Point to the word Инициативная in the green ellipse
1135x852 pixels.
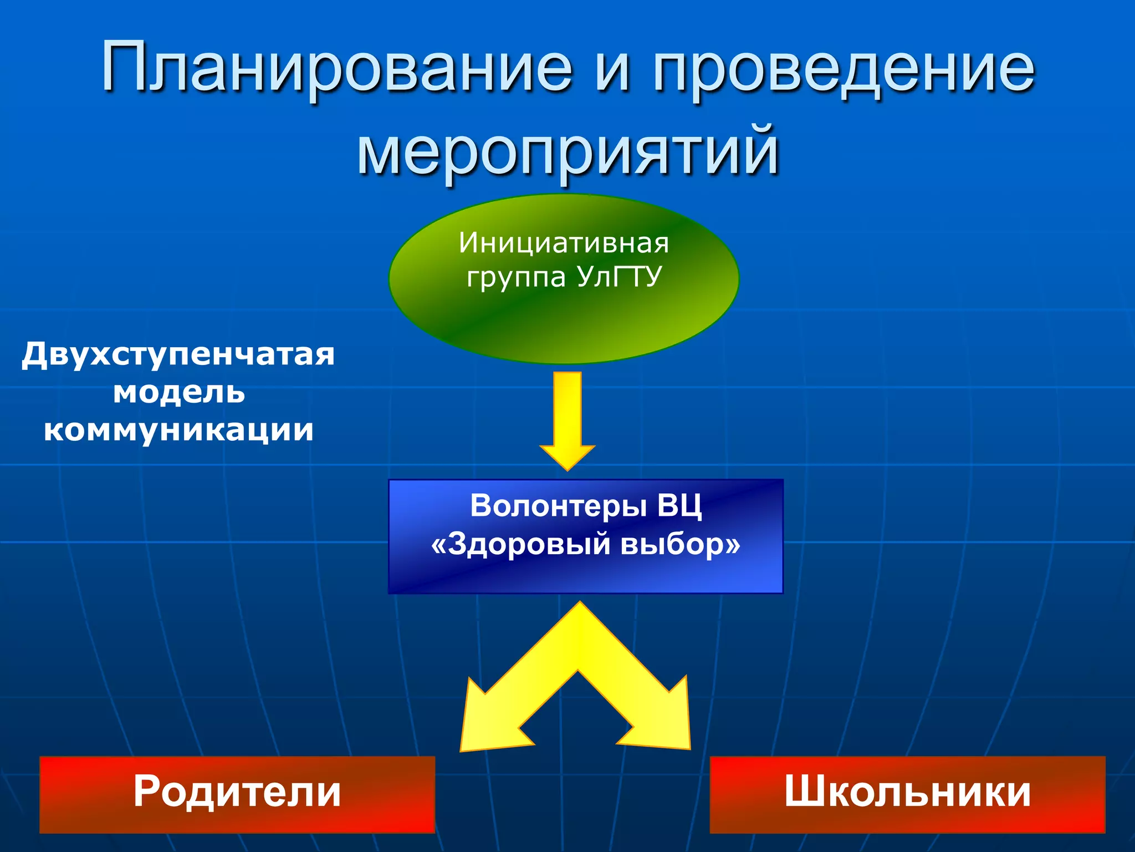tap(564, 243)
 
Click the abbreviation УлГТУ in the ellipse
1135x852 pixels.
tap(619, 276)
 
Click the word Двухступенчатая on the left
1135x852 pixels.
tap(178, 355)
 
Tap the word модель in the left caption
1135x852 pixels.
tap(178, 393)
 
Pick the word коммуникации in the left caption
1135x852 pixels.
tap(178, 430)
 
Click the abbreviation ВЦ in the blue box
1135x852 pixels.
tap(679, 506)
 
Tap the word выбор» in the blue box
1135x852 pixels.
tap(680, 544)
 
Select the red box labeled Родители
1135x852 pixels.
tap(237, 794)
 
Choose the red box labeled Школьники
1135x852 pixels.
tap(907, 794)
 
